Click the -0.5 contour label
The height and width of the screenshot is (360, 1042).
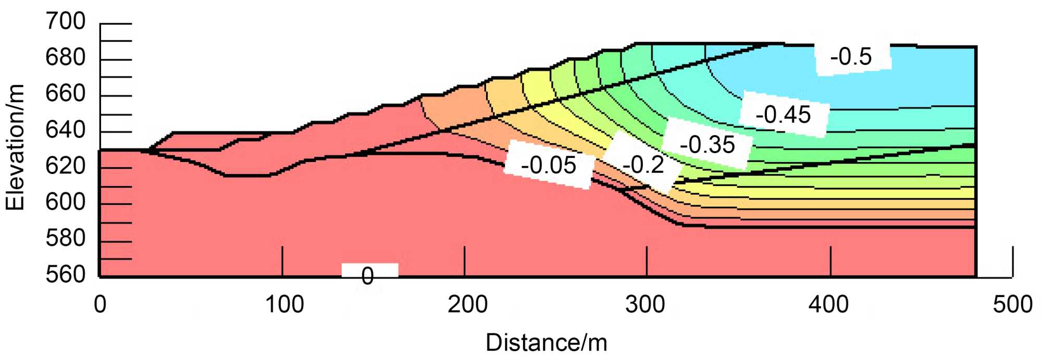click(x=851, y=57)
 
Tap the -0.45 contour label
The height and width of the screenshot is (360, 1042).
click(x=783, y=115)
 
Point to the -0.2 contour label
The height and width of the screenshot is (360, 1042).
click(x=644, y=165)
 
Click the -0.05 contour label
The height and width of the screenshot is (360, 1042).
click(x=549, y=166)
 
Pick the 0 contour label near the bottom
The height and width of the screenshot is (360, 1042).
click(x=368, y=276)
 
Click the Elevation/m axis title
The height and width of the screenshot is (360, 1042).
click(x=16, y=147)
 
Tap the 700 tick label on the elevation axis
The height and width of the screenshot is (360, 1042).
click(x=66, y=22)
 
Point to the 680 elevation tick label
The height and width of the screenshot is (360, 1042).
click(x=66, y=58)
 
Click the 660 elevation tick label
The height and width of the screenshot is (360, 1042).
click(x=66, y=94)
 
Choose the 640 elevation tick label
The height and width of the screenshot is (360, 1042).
click(x=66, y=130)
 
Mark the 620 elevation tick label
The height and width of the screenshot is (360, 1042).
click(x=66, y=166)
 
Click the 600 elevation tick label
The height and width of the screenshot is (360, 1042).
click(x=66, y=202)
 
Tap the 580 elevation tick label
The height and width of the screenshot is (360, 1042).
click(x=66, y=238)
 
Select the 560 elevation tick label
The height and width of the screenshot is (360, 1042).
click(x=66, y=274)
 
